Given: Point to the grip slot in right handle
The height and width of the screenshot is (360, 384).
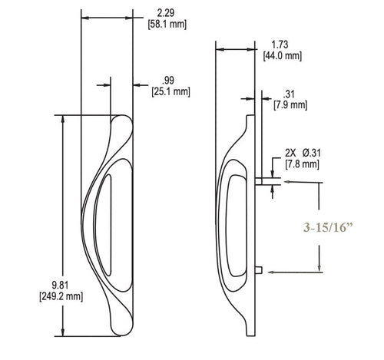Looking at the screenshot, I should point(232,223).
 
